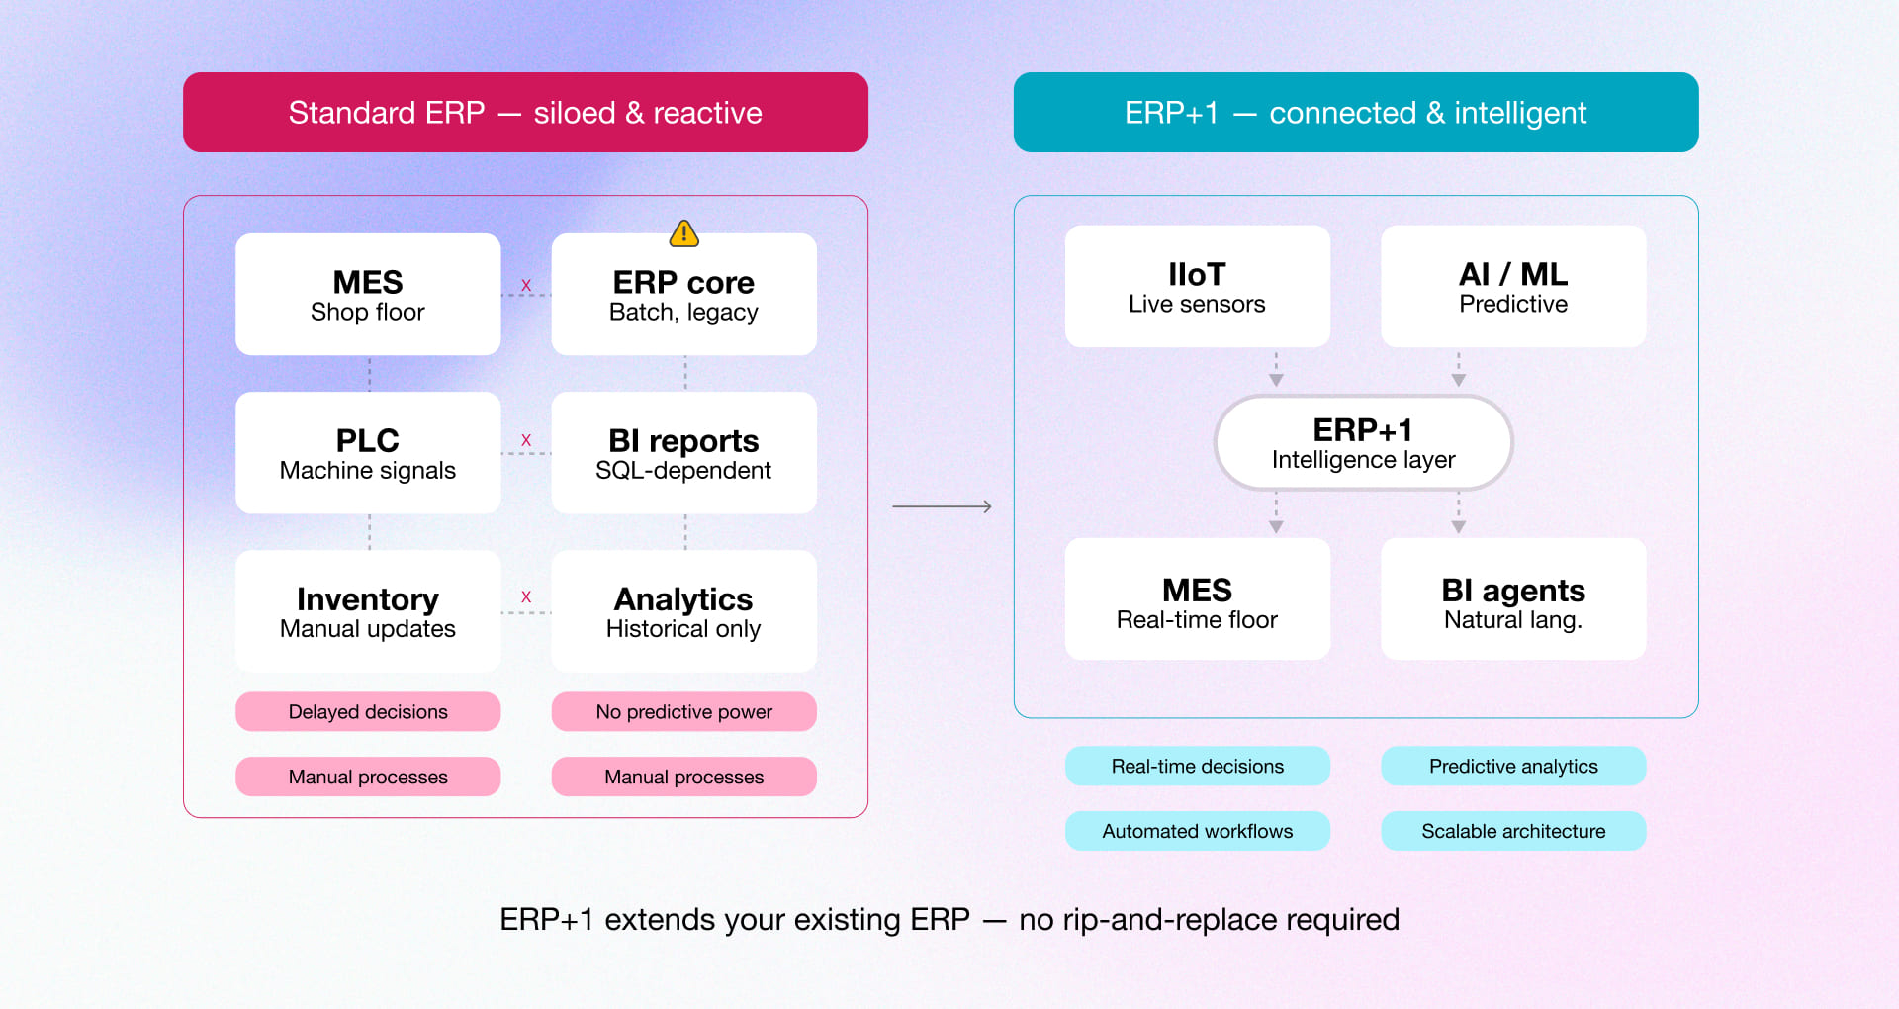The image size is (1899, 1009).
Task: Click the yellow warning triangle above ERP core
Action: coord(683,233)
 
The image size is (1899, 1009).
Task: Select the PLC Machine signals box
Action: coord(368,453)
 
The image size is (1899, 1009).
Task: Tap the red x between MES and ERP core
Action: coord(526,285)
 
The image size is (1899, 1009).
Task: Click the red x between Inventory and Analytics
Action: coord(526,596)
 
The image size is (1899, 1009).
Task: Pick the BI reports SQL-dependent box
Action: coord(683,453)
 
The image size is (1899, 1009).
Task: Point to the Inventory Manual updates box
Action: coord(368,611)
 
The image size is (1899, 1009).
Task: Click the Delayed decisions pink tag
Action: coord(368,711)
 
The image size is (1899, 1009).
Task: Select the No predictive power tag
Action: coord(683,711)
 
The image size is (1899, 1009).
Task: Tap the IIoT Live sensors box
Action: coord(1197,287)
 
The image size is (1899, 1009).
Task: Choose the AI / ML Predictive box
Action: coord(1513,287)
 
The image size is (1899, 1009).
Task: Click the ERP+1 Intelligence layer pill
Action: coord(1363,442)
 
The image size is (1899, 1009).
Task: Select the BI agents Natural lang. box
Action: coord(1513,599)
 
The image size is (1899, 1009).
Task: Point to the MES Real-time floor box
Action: coord(1197,599)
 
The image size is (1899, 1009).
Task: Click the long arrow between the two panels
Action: coord(942,506)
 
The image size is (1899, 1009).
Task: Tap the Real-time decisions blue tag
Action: coord(1197,766)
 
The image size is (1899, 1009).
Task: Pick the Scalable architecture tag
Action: coord(1513,831)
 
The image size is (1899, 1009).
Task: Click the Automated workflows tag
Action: coord(1197,831)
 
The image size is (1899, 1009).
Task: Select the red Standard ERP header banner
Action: coord(525,112)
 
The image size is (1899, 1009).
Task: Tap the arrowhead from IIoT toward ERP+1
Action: coord(1276,380)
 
